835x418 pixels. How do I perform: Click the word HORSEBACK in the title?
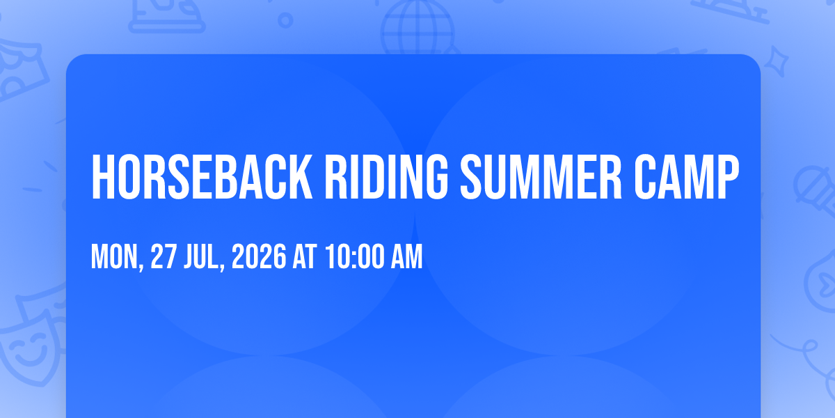tap(202, 177)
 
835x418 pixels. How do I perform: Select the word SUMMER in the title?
tap(541, 177)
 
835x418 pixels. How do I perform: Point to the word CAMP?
tap(687, 177)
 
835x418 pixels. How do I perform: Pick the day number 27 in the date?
tap(164, 256)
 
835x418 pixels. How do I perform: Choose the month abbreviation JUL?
tap(201, 256)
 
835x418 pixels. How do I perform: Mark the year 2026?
tap(259, 256)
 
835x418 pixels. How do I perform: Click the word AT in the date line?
tap(305, 256)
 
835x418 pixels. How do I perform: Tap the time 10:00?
tap(354, 256)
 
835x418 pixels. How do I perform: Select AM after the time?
tap(406, 256)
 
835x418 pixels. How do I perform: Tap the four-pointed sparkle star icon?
tap(777, 62)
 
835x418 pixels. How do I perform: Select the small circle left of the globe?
tap(285, 20)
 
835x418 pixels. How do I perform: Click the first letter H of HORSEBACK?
tap(102, 177)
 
